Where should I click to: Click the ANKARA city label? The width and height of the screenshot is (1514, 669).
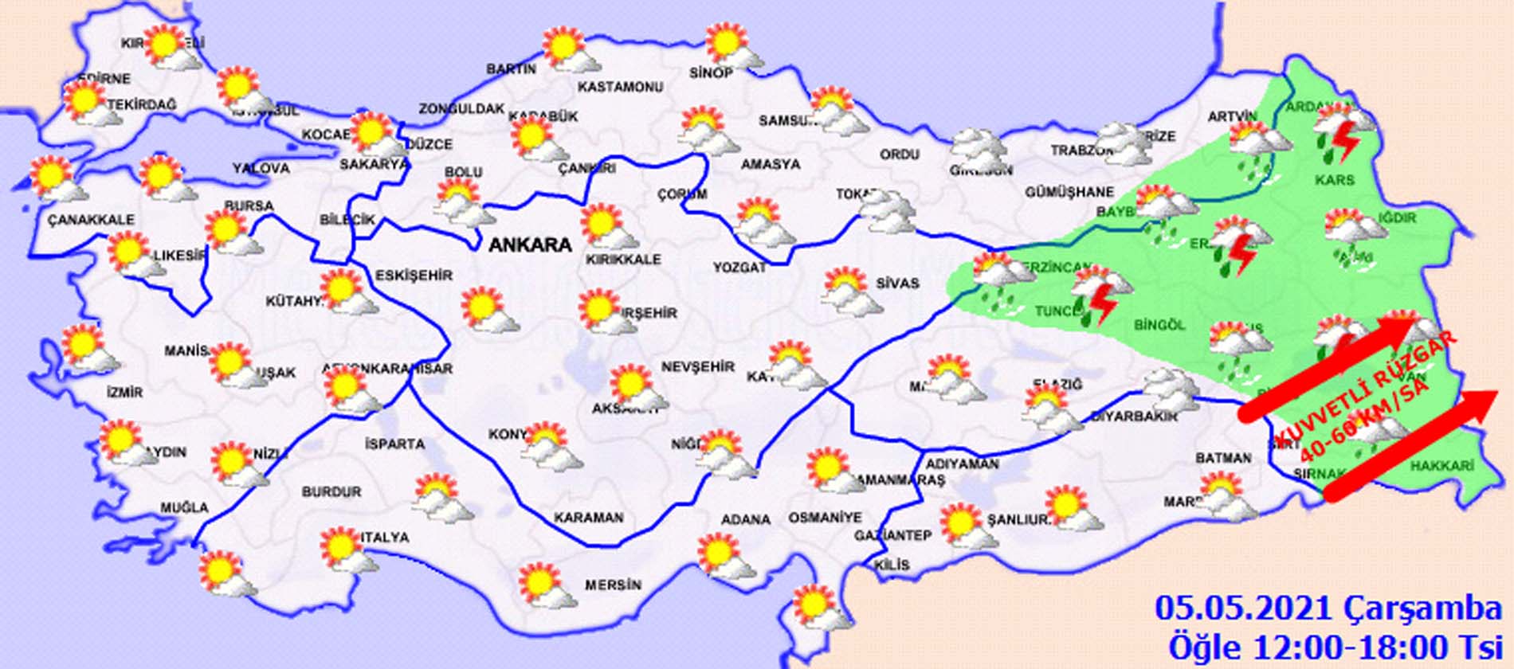[x=530, y=245]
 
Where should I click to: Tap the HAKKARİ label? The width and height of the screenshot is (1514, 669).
[x=1441, y=467]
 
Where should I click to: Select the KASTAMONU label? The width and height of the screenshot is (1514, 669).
[x=620, y=86]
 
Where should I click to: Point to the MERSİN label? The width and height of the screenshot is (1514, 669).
[x=613, y=585]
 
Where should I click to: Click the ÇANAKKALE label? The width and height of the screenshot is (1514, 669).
[x=91, y=219]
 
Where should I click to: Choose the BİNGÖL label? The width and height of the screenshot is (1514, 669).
[x=1159, y=325]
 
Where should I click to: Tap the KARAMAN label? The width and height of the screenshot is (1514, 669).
[x=588, y=518]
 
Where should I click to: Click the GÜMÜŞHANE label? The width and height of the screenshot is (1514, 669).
[x=1069, y=192]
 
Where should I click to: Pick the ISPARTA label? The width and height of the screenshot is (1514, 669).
[x=394, y=444]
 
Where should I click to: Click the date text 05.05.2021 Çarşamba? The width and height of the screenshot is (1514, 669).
[x=1328, y=609]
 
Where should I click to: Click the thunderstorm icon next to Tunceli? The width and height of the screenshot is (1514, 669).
[x=1100, y=295]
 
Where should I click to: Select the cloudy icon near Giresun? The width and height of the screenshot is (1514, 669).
[x=979, y=148]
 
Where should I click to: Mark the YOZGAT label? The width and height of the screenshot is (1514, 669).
[x=739, y=268]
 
